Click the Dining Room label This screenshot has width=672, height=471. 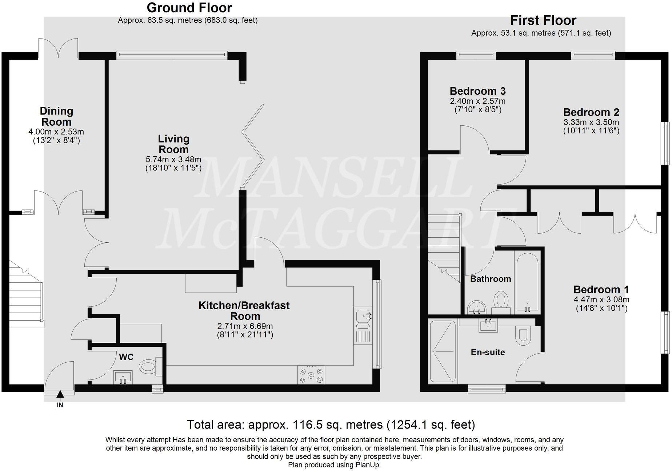click(56, 116)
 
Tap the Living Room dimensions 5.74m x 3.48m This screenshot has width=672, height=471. click(173, 159)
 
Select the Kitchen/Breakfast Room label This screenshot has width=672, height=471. click(244, 311)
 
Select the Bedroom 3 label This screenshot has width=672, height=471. click(477, 91)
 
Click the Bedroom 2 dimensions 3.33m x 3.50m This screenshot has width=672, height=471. click(591, 122)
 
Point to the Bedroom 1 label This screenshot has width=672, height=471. click(601, 290)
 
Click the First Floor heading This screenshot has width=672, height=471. click(543, 20)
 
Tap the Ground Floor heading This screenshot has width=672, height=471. click(189, 7)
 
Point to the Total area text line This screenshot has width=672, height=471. click(331, 424)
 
